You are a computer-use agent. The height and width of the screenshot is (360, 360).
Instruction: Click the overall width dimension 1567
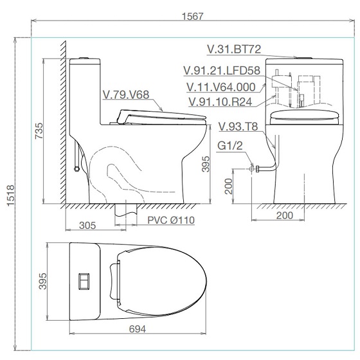click(192, 16)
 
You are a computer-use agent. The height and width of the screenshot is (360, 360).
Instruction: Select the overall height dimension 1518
click(10, 195)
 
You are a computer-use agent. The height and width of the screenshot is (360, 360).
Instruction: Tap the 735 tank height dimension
click(39, 131)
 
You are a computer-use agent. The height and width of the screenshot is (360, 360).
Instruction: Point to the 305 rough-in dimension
click(87, 226)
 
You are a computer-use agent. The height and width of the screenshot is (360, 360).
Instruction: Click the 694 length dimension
click(138, 329)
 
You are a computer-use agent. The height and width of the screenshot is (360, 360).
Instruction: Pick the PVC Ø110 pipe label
click(171, 220)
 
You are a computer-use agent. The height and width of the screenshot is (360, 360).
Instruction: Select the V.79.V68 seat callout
click(126, 94)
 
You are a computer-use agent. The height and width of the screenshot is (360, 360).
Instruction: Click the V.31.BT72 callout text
click(234, 50)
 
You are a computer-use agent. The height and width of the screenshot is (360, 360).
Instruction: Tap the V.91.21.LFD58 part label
click(222, 71)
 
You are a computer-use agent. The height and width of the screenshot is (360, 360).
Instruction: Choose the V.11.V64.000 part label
click(221, 87)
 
